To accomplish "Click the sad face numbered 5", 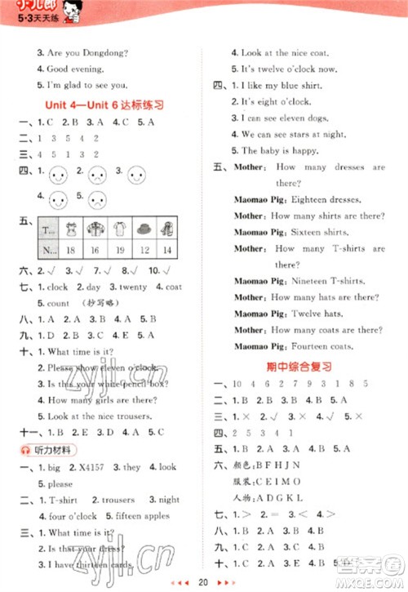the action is [95, 199].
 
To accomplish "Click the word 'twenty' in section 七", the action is [131, 287].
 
